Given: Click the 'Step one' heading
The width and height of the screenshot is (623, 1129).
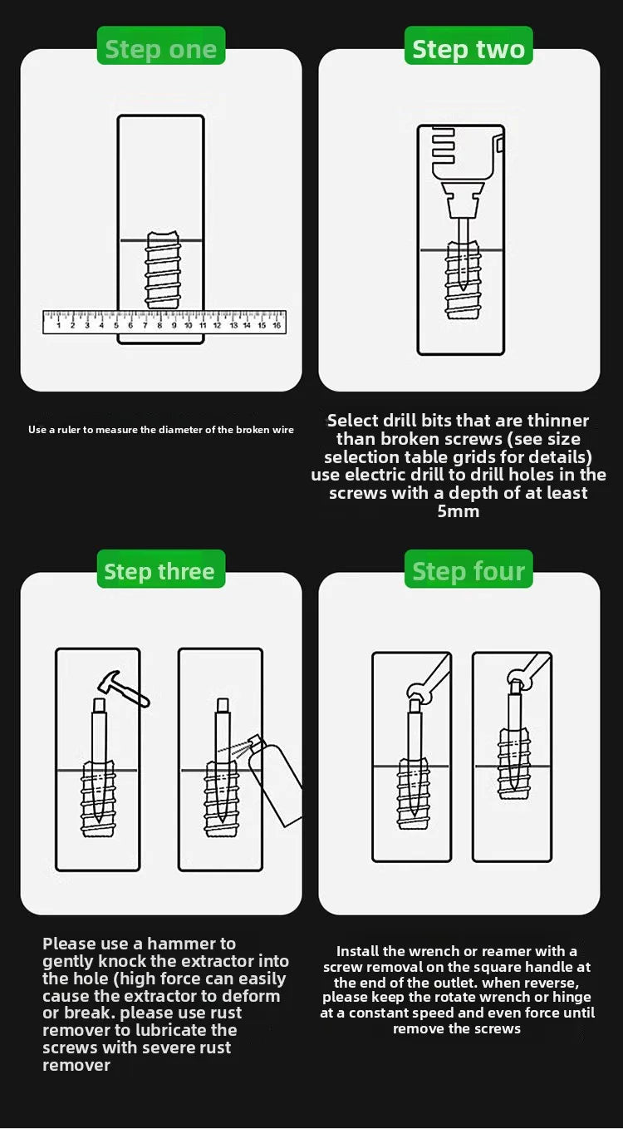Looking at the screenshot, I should (x=160, y=49).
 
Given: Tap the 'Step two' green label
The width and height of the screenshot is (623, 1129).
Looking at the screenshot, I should (x=468, y=49).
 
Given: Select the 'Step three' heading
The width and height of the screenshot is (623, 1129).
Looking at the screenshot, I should (x=159, y=572).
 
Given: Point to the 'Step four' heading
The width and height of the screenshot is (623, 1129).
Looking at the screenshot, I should (x=468, y=572).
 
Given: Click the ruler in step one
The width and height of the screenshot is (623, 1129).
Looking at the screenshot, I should (x=164, y=322).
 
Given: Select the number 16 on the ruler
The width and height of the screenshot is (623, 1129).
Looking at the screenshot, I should (x=276, y=326).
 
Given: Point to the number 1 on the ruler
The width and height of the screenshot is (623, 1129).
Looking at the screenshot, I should (x=57, y=326).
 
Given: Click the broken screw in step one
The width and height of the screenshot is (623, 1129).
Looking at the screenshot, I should (x=163, y=270).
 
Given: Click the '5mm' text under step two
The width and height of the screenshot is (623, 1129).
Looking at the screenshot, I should (x=459, y=511).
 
